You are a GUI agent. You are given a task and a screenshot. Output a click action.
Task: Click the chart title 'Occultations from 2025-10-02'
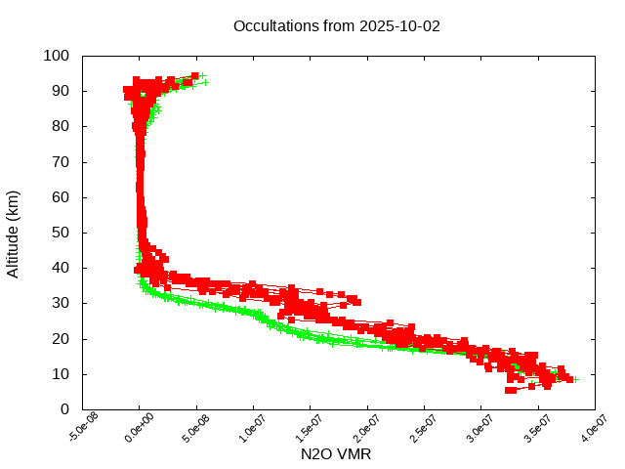point(337,25)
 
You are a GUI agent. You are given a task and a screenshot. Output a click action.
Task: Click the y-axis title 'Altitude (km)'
point(13,234)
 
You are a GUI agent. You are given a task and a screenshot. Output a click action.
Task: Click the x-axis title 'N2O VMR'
point(336,454)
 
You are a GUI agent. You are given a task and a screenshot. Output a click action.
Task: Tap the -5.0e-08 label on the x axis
point(83,428)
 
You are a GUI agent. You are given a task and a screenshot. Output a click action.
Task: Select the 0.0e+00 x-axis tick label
point(140,428)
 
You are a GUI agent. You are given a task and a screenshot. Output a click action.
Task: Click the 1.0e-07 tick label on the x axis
point(254,428)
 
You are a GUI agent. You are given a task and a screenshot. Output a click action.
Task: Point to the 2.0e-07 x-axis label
point(367,428)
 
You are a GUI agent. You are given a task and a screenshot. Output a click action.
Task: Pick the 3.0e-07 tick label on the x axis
point(481,428)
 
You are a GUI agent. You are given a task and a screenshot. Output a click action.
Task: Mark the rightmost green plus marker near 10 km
point(575,379)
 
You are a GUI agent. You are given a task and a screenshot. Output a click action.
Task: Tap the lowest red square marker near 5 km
point(510,390)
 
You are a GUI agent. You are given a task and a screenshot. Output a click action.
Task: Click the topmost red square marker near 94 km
point(195,75)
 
